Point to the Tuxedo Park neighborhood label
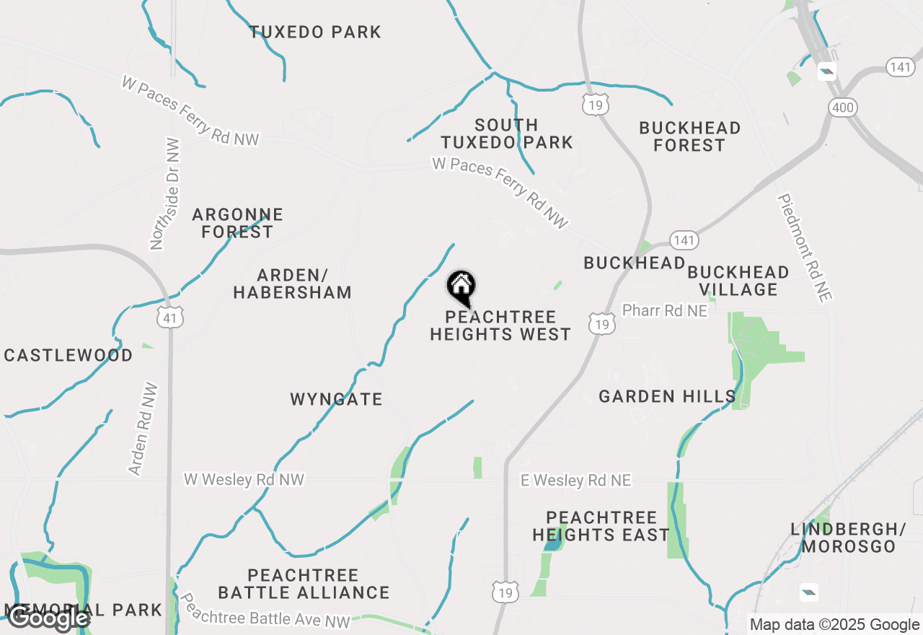(x=315, y=32)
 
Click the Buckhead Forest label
(x=689, y=136)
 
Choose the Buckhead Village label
(x=738, y=281)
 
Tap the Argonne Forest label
(x=237, y=223)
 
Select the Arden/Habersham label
(x=292, y=284)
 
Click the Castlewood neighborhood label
(x=69, y=355)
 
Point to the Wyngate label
(x=336, y=399)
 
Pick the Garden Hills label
(x=667, y=396)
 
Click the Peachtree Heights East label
(x=601, y=526)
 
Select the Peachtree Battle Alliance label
(x=304, y=584)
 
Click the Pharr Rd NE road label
(x=664, y=310)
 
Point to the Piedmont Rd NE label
(x=805, y=248)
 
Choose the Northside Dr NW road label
(x=165, y=193)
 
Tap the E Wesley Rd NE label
(x=575, y=481)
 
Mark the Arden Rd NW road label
(x=143, y=429)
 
